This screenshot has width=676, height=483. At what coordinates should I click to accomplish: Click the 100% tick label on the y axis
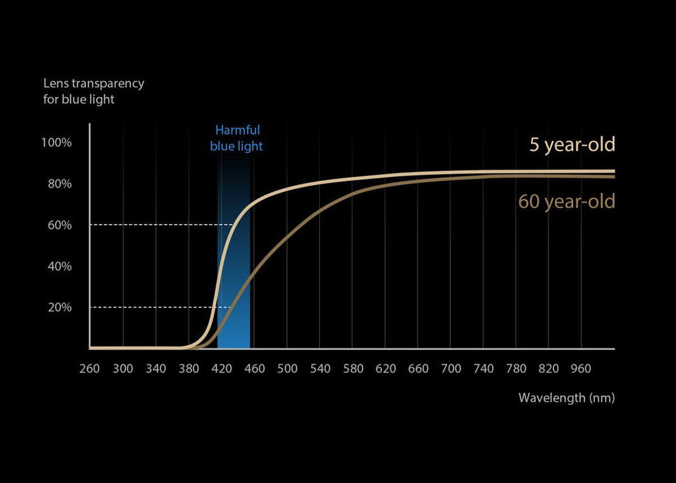56,142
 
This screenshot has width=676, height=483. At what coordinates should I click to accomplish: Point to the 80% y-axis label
59,184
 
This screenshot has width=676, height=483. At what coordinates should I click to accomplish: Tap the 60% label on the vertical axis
59,225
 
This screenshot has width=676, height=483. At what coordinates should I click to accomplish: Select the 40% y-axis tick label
59,266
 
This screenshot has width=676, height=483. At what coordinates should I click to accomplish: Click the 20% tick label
59,307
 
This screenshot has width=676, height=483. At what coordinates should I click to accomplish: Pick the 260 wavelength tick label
90,369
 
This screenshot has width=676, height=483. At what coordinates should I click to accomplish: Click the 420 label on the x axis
221,369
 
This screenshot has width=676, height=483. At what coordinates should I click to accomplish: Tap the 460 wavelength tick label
254,369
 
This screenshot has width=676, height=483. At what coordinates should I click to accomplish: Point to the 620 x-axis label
385,369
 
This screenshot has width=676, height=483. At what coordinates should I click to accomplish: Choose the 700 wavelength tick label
451,369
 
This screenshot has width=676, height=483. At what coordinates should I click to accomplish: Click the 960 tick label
581,369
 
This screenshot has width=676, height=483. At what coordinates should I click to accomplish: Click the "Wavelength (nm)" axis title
566,398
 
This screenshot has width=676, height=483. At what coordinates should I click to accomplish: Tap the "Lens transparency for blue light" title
94,91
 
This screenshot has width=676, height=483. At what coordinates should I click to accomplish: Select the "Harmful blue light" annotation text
237,138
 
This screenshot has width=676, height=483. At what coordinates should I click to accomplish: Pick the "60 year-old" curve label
566,201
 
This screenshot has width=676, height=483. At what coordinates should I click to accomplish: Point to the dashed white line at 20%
152,307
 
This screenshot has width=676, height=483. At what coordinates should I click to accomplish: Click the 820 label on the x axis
549,369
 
